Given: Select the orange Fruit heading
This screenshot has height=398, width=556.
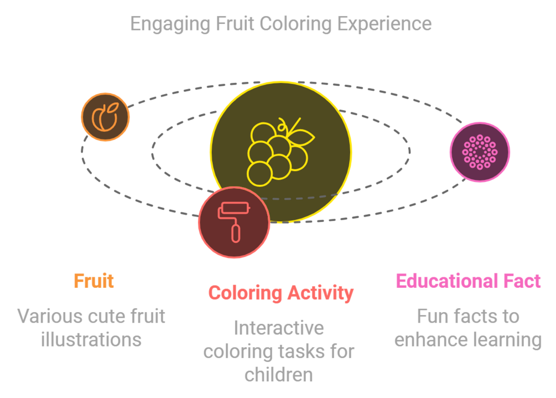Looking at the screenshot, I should (x=94, y=281).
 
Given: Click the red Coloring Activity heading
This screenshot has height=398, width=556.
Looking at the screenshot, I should (x=280, y=293).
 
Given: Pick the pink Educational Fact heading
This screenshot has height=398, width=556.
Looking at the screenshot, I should (x=468, y=281).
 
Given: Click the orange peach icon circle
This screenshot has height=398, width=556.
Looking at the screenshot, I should (x=105, y=117).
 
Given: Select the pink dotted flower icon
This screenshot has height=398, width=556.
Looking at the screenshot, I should (x=479, y=152).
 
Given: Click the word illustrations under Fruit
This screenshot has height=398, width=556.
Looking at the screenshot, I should (x=91, y=339).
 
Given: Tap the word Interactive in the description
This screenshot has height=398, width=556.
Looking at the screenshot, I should (x=279, y=328).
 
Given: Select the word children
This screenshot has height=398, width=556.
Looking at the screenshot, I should (x=279, y=375).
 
